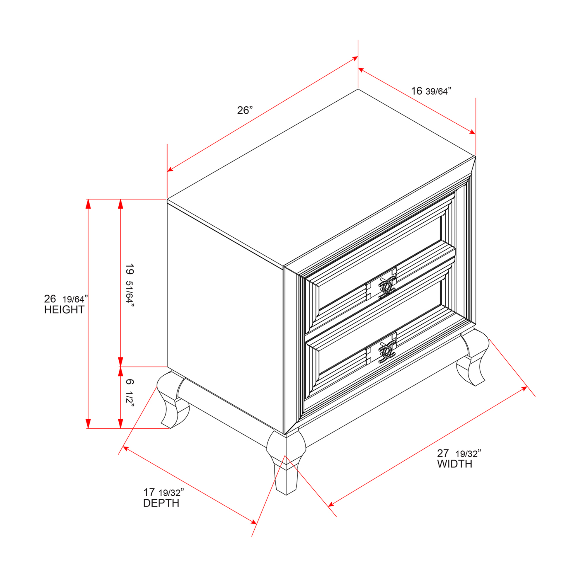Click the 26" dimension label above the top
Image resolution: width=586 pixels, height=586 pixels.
tap(245, 110)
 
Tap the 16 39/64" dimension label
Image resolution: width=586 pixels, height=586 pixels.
tap(431, 91)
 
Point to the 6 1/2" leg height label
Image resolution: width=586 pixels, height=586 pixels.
tap(130, 392)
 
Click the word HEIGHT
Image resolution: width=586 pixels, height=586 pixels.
tap(64, 310)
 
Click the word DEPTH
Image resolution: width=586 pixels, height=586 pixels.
tap(161, 503)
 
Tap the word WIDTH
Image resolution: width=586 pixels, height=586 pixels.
tap(455, 464)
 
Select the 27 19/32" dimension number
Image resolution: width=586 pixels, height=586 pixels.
tap(459, 454)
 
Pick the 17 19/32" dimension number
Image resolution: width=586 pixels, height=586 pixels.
tap(163, 492)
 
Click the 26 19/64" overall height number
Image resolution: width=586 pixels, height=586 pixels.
tap(66, 299)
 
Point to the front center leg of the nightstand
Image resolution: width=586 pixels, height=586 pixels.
tap(286, 463)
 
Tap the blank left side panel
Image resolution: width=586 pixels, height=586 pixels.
tap(225, 316)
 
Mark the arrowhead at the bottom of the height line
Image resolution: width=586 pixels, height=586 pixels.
tap(88, 423)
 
